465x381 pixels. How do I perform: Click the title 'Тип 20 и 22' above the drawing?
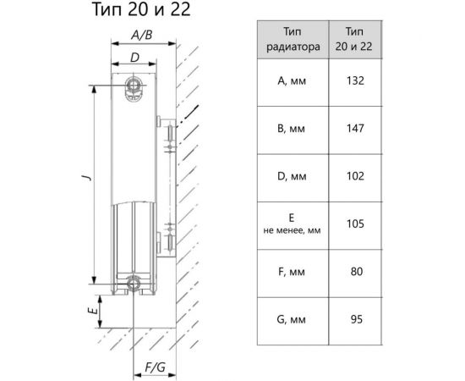tap(141, 9)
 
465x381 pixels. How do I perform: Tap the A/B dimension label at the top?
tap(142, 35)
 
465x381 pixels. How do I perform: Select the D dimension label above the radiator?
tap(134, 58)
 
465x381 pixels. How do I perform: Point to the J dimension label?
tap(87, 178)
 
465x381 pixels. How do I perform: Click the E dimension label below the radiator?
tap(93, 311)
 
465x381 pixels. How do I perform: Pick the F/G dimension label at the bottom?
tap(155, 367)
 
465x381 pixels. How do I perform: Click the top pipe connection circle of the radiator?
tap(134, 86)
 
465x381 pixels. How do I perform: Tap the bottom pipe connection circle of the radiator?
tap(133, 284)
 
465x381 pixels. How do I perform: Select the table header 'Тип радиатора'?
tap(293, 39)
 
